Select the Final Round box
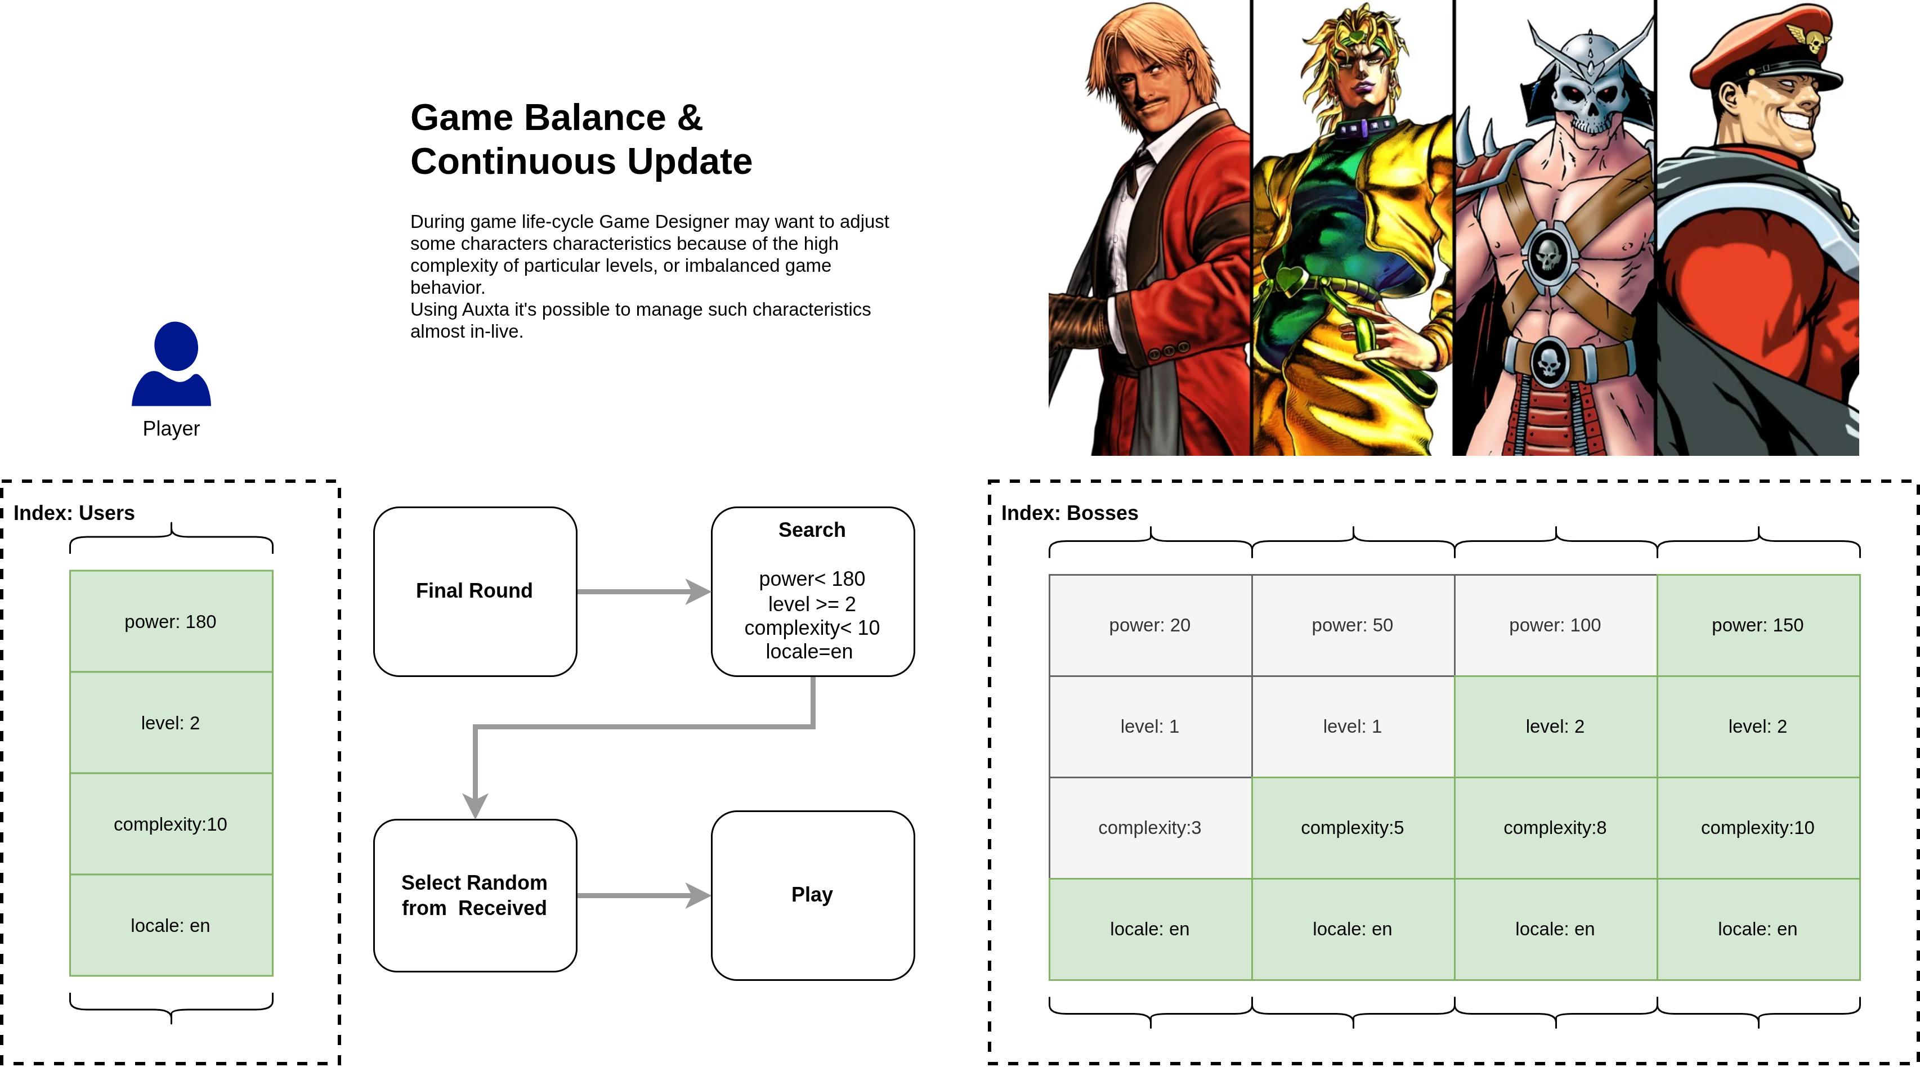475,591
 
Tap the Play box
812,895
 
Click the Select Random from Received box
475,895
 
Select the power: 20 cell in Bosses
1150,625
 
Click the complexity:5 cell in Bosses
1353,828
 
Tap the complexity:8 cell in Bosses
1555,828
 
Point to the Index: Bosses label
1069,513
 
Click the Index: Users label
74,513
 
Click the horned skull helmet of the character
1590,82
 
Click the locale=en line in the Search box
809,652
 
